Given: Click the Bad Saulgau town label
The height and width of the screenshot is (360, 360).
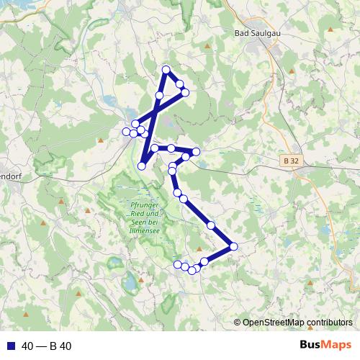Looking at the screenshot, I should (257, 34).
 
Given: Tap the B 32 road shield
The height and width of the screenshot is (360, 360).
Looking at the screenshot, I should (291, 162).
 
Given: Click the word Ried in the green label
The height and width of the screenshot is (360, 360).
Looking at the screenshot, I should (138, 213).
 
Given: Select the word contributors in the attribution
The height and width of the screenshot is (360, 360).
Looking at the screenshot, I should (332, 322).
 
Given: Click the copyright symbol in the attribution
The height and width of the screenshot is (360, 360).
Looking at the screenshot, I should (237, 322).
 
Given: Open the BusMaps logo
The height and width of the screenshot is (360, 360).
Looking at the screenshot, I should (325, 345).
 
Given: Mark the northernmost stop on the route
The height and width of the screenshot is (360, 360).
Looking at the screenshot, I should (166, 70).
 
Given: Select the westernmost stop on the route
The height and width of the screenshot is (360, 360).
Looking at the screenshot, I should (126, 131).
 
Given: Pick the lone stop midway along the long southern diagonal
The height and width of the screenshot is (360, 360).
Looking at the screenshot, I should (211, 226).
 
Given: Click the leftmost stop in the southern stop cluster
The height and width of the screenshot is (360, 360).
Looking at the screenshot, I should (177, 264).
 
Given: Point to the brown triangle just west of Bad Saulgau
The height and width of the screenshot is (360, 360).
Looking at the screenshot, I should (208, 46).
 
